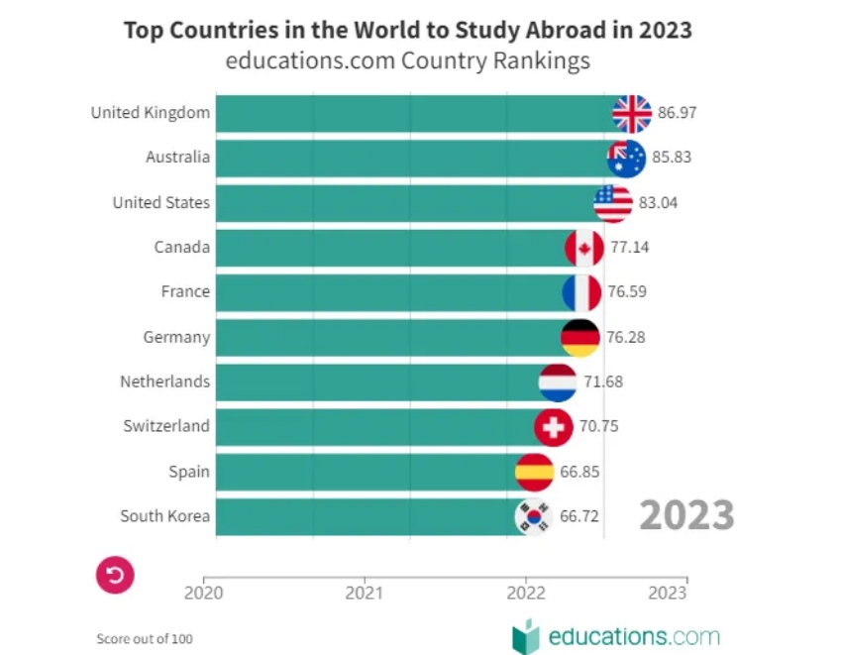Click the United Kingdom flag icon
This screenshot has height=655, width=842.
pyautogui.click(x=632, y=114)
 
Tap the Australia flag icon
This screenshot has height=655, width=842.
pyautogui.click(x=626, y=159)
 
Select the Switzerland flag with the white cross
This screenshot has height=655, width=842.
pyautogui.click(x=553, y=427)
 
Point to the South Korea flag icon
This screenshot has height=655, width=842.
pyautogui.click(x=533, y=516)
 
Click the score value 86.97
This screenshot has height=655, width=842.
pyautogui.click(x=678, y=113)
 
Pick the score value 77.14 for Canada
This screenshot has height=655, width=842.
pyautogui.click(x=630, y=247)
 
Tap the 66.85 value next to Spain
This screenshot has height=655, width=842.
pyautogui.click(x=579, y=472)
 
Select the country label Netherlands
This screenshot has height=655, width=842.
pyautogui.click(x=164, y=382)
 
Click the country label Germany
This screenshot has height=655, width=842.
pyautogui.click(x=176, y=337)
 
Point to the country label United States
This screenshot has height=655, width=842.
pyautogui.click(x=160, y=203)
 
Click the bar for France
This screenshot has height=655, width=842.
pyautogui.click(x=386, y=292)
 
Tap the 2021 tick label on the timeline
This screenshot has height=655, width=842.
pyautogui.click(x=365, y=594)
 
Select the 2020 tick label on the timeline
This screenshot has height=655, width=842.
pyautogui.click(x=204, y=594)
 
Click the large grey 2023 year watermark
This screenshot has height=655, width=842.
pyautogui.click(x=686, y=515)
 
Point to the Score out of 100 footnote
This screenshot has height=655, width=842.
pyautogui.click(x=145, y=638)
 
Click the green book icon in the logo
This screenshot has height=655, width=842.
pyautogui.click(x=525, y=636)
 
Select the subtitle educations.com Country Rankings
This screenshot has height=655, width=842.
pyautogui.click(x=407, y=60)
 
